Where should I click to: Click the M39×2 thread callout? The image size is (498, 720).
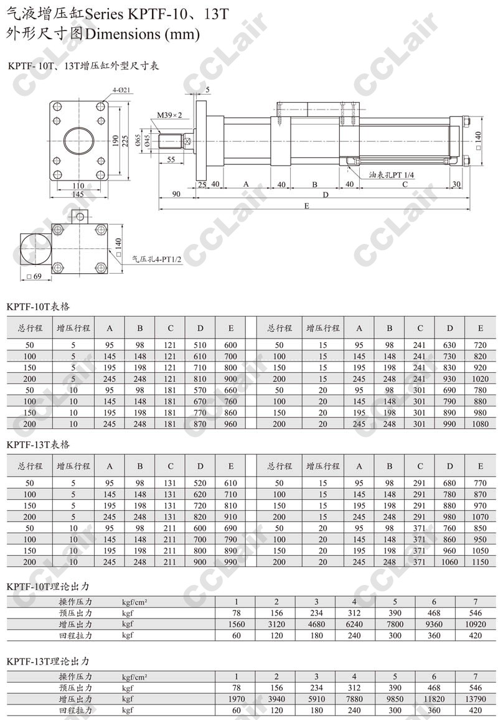pos(169,115)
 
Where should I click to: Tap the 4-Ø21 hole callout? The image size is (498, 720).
pos(121,90)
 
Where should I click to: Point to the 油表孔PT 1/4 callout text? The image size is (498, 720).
pos(392,175)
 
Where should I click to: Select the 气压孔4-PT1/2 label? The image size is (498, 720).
pos(157,259)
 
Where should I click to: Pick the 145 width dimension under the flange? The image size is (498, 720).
pos(78,194)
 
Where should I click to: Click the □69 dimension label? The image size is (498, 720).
pos(34,276)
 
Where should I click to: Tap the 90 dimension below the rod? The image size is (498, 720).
pos(176,194)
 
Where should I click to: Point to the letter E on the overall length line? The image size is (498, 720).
pos(306,206)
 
